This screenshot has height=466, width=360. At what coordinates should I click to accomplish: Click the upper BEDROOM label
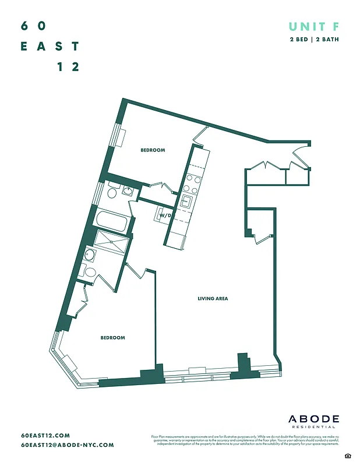pos(153,150)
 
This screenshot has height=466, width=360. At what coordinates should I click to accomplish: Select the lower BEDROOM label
pos(112,338)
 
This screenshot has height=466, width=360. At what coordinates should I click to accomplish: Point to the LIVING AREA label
pos(213,299)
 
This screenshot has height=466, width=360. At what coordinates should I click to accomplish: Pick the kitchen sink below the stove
pos(186,202)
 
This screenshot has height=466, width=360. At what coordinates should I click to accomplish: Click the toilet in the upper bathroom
pos(111,193)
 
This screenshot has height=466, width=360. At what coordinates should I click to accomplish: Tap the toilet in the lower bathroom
pos(90,271)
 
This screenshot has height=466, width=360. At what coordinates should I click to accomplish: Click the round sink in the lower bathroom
pos(89,254)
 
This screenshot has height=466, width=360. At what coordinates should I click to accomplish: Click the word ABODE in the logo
pos(314,419)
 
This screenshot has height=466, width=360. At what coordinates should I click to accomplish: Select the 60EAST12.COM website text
pos(45,435)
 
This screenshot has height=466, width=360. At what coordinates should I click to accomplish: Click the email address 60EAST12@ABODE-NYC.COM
pos(67,444)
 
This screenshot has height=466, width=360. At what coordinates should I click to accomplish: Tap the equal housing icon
pos(348,455)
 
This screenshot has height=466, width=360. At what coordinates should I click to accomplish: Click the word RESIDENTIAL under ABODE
pos(314,428)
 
